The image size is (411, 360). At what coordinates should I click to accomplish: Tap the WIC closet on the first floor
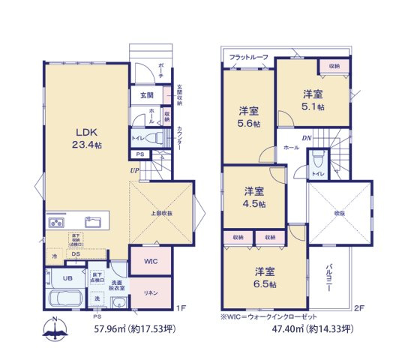pyautogui.click(x=150, y=262)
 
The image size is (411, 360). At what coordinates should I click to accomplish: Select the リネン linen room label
pyautogui.click(x=151, y=292)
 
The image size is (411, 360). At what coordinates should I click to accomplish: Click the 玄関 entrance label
pyautogui.click(x=145, y=96)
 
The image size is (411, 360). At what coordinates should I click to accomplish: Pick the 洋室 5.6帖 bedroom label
pyautogui.click(x=247, y=116)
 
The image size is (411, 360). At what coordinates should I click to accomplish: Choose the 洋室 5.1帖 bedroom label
pyautogui.click(x=313, y=100)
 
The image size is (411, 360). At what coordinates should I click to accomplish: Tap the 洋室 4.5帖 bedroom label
pyautogui.click(x=253, y=197)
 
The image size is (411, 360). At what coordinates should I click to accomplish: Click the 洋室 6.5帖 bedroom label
pyautogui.click(x=265, y=278)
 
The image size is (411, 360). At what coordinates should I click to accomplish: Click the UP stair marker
pyautogui.click(x=134, y=170)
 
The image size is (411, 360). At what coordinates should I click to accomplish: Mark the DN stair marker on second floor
pyautogui.click(x=307, y=138)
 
